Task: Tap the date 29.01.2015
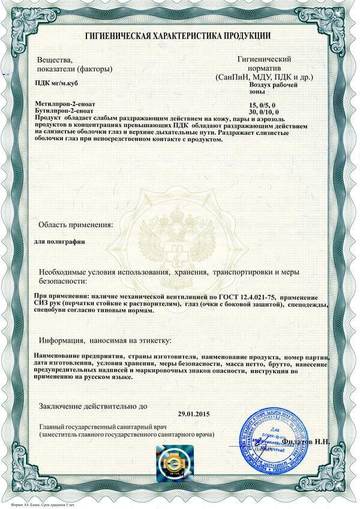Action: (196, 414)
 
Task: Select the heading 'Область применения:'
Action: (76, 225)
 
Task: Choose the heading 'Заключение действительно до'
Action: (93, 406)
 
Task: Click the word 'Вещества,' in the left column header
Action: (55, 59)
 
